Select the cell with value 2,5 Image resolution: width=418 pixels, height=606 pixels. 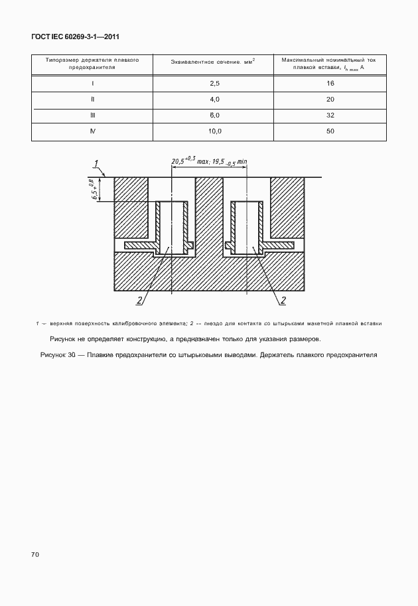[214, 84]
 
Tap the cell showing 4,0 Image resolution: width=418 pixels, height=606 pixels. [214, 99]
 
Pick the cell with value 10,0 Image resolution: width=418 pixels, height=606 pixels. [214, 131]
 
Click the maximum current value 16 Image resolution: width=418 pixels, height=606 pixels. [330, 84]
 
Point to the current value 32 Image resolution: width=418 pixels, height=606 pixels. [330, 115]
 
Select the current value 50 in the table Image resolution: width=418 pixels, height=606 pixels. [330, 131]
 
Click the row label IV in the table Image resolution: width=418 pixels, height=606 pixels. [92, 131]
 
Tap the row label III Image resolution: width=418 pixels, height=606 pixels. [92, 115]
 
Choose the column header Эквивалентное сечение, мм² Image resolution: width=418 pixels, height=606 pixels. [214, 63]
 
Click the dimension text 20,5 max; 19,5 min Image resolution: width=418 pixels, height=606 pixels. [209, 161]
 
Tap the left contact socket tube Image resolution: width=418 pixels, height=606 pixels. [172, 226]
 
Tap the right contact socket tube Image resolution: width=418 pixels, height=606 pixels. [246, 226]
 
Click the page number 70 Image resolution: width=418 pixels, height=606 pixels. [36, 553]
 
